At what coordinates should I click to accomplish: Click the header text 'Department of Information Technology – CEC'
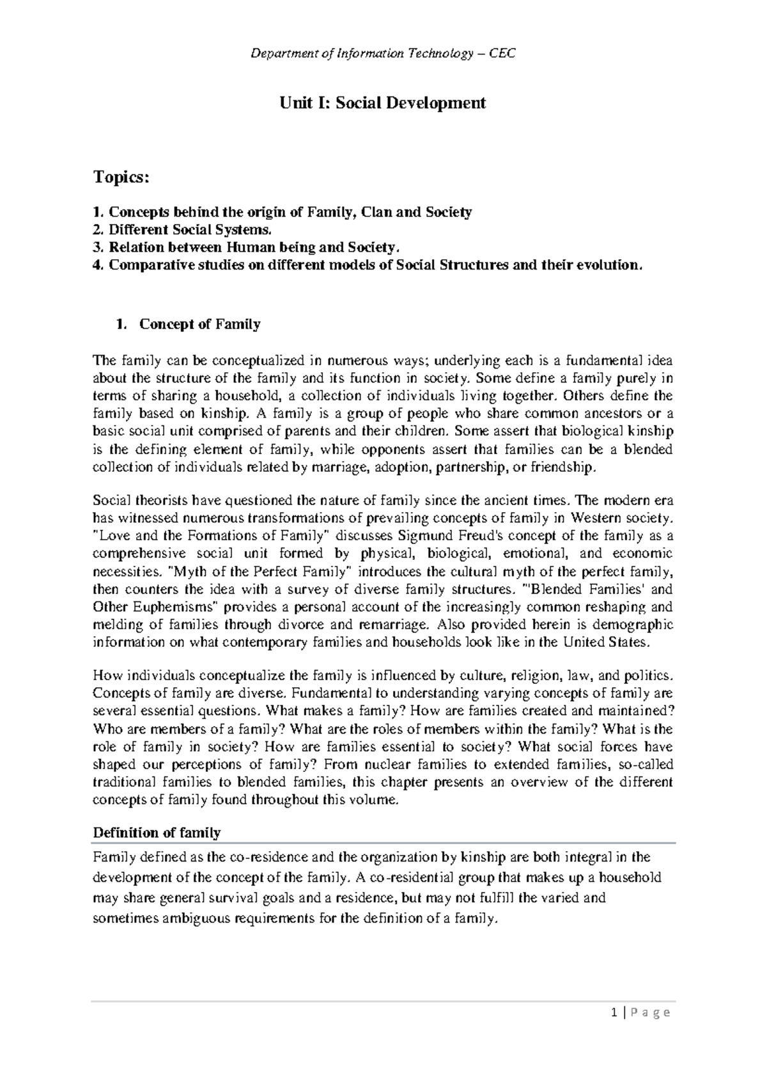pos(383,54)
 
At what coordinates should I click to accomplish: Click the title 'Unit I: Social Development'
pos(383,103)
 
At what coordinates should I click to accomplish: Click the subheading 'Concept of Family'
pos(199,324)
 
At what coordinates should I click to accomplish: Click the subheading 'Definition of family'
pos(157,833)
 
